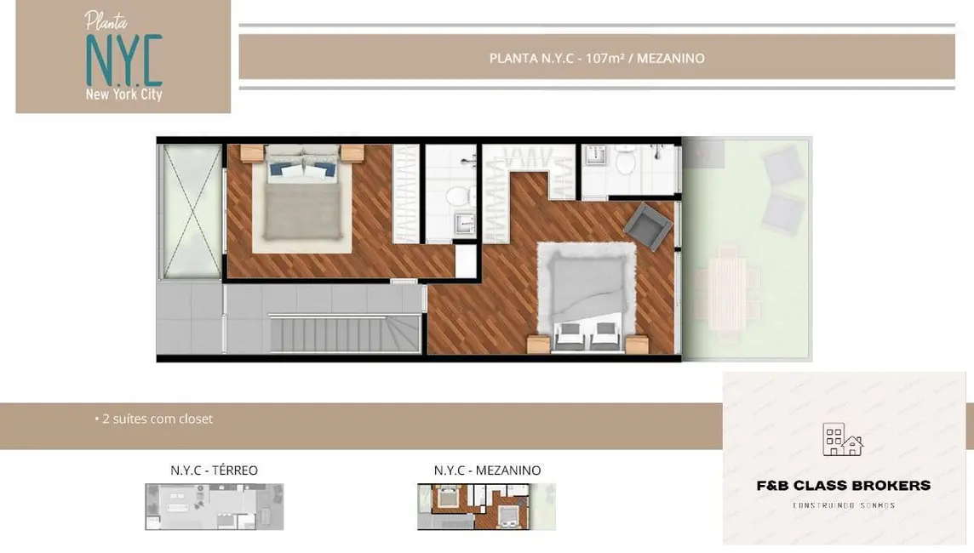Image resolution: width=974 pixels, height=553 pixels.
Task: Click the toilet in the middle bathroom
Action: pyautogui.click(x=459, y=197)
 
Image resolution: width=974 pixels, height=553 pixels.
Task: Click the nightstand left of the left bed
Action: pyautogui.click(x=253, y=153)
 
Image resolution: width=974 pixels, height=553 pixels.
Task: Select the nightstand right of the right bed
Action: pyautogui.click(x=636, y=344)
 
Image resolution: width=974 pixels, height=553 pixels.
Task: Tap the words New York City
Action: pyautogui.click(x=123, y=94)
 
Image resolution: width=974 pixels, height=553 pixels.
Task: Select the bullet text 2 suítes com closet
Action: pyautogui.click(x=158, y=419)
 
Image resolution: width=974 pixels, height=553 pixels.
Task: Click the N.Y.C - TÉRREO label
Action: pyautogui.click(x=214, y=470)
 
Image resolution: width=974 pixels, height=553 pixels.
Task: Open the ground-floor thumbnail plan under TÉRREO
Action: pyautogui.click(x=214, y=507)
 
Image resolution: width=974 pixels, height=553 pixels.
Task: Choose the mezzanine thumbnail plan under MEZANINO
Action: pyautogui.click(x=486, y=507)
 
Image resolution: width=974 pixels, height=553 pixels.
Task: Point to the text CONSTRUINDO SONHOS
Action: pyautogui.click(x=844, y=505)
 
